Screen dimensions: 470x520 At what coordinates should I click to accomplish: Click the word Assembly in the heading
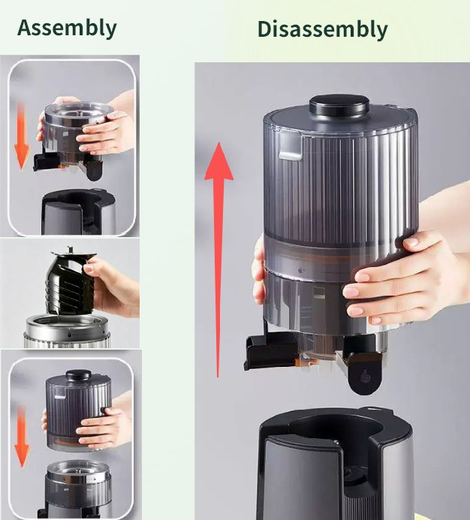[x=67, y=29]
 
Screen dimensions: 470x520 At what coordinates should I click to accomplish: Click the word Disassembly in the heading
[x=323, y=30]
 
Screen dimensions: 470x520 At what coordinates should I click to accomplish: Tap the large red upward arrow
[x=218, y=260]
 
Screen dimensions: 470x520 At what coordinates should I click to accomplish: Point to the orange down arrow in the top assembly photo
[x=22, y=137]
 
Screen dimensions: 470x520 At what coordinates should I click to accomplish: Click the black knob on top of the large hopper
[x=339, y=105]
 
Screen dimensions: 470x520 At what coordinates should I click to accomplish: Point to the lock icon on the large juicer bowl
[x=300, y=270]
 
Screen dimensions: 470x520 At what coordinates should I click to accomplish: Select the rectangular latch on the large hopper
[x=291, y=146]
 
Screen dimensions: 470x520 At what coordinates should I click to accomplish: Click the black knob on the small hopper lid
[x=78, y=375]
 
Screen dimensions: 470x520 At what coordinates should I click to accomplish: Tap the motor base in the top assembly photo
[x=79, y=212]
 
